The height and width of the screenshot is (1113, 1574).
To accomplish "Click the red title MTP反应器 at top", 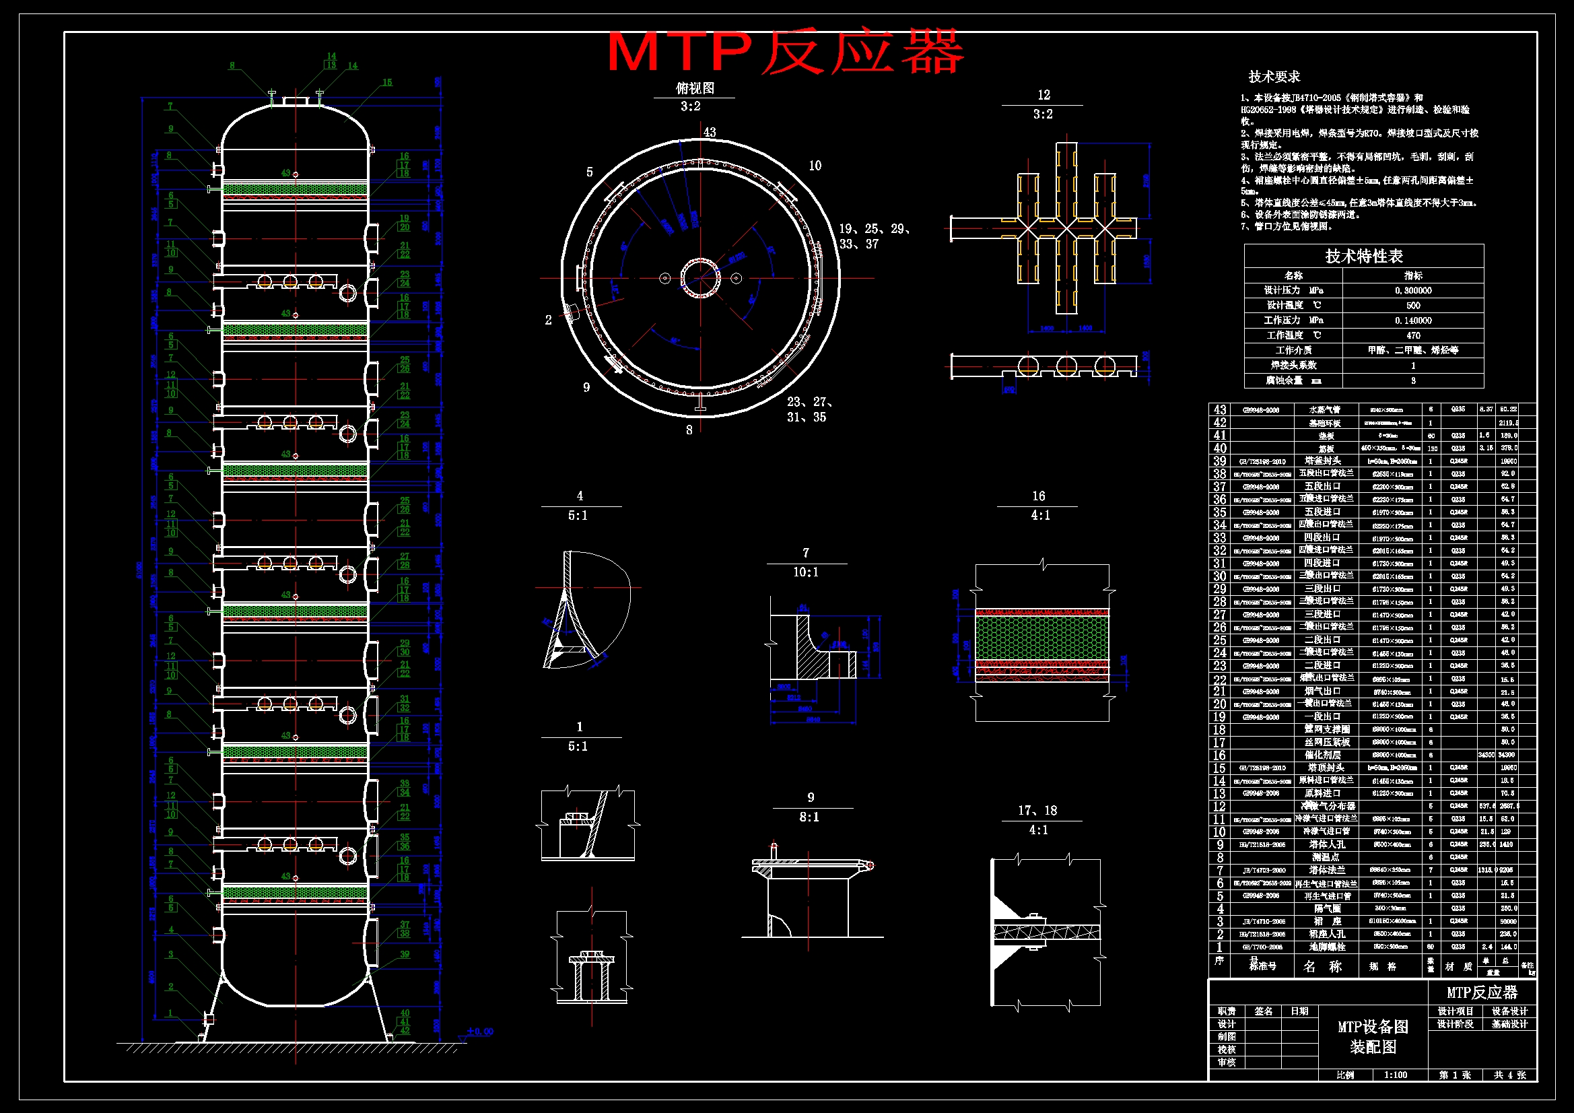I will [x=786, y=52].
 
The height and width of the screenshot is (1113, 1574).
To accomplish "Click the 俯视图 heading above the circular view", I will [x=695, y=88].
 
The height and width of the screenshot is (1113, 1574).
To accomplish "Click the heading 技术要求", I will [x=1274, y=77].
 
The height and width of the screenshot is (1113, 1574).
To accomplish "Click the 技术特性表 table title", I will [x=1363, y=257].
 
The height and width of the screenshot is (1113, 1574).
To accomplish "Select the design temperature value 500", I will [x=1413, y=306].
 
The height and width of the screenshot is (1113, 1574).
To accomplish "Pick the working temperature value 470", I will [x=1413, y=335].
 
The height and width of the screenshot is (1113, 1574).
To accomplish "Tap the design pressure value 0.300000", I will [x=1413, y=291].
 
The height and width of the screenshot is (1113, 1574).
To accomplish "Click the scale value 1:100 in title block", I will [x=1395, y=1075].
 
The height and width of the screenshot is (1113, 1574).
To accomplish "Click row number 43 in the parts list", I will [x=1220, y=409].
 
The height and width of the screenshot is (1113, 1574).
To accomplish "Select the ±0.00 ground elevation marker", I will [x=479, y=1032].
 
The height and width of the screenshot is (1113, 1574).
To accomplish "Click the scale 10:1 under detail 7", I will [x=805, y=572].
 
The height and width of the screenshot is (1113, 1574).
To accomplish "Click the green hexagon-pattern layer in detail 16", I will [x=1041, y=638].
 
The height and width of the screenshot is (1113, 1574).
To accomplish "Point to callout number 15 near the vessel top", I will [x=386, y=83].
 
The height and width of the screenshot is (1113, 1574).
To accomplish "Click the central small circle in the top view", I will [x=700, y=277].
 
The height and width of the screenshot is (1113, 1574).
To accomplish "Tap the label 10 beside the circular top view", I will [x=815, y=166].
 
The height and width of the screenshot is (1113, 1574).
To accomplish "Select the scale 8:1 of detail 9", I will [x=809, y=817].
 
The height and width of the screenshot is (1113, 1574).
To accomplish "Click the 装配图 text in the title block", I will [x=1373, y=1047].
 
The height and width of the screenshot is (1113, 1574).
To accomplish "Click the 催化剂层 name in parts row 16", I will [x=1322, y=755].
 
